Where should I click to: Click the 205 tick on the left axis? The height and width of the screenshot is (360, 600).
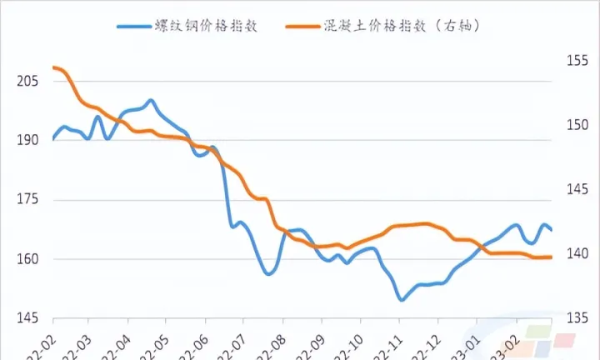(25, 81)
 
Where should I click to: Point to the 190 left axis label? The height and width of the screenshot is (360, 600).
(25, 140)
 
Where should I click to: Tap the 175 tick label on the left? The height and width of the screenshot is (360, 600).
(25, 200)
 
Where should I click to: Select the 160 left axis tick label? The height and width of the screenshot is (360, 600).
(25, 259)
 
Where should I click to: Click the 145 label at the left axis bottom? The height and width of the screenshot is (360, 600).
(25, 318)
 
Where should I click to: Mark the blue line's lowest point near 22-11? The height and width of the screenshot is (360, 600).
(402, 299)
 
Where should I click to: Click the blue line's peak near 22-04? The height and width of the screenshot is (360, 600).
(150, 101)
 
